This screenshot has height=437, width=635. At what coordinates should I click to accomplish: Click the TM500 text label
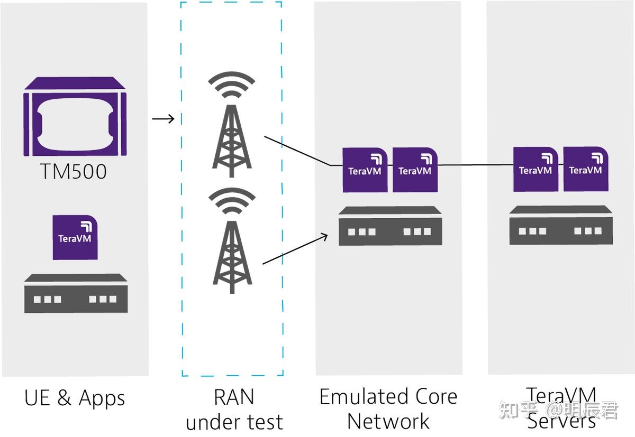tap(74, 171)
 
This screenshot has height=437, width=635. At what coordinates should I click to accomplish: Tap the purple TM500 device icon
tap(75, 116)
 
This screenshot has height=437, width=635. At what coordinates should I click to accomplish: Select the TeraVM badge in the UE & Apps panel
tap(75, 237)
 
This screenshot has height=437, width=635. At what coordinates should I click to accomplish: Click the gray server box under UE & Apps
tap(76, 293)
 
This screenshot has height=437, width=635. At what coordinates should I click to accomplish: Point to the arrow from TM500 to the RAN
tap(164, 118)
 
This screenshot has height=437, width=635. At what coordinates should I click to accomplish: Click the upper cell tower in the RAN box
tap(232, 141)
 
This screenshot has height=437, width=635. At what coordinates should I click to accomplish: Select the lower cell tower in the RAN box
tap(232, 257)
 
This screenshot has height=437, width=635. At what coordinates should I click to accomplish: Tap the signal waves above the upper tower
tap(232, 85)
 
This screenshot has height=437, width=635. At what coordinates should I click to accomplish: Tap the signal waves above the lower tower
tap(232, 201)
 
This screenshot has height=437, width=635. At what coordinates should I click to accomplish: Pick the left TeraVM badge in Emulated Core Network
tap(365, 170)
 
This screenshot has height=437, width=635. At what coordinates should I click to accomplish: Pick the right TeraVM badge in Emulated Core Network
tap(415, 170)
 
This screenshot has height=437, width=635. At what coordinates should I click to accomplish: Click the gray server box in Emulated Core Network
tap(391, 226)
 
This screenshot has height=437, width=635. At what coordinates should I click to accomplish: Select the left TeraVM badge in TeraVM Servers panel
tap(536, 169)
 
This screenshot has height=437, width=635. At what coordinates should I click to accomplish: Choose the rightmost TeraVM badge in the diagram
tap(586, 169)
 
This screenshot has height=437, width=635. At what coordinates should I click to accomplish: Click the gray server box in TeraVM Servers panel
tap(561, 225)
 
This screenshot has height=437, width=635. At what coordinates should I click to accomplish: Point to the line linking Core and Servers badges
tap(475, 165)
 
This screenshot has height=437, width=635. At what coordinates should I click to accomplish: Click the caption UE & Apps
tap(75, 398)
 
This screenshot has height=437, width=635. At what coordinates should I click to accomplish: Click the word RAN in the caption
tap(234, 397)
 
